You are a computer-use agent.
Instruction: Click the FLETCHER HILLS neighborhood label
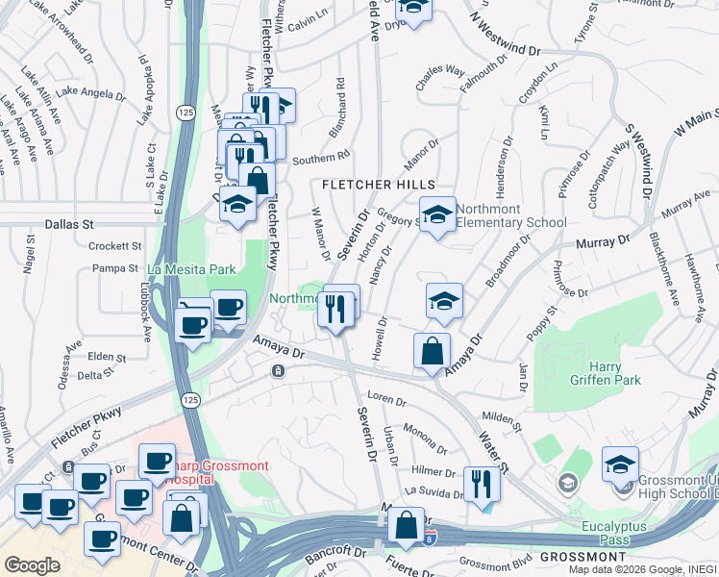[x=379, y=184]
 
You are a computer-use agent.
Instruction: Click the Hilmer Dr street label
[x=433, y=472]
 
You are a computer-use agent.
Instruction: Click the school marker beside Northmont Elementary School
[x=437, y=215]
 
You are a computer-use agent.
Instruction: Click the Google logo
[x=32, y=565]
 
